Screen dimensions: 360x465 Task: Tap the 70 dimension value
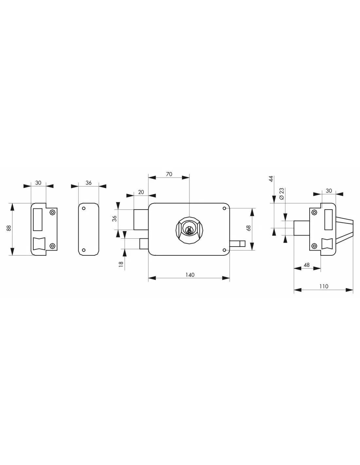click(169, 174)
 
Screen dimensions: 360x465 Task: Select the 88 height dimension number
click(9, 228)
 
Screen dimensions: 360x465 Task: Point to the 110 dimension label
click(324, 286)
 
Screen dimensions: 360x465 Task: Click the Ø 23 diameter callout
click(281, 194)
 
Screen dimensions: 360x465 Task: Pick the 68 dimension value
click(249, 228)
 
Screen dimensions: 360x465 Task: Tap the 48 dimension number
click(306, 265)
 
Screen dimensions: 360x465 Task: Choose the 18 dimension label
click(121, 264)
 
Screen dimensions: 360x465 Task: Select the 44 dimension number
click(271, 179)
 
